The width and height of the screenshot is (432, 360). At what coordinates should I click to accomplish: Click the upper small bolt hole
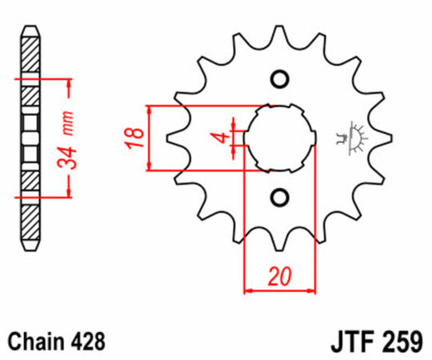279,78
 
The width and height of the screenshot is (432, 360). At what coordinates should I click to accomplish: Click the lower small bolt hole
279,197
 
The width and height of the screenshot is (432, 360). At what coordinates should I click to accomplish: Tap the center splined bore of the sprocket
279,138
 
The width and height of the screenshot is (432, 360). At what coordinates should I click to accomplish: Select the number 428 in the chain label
86,341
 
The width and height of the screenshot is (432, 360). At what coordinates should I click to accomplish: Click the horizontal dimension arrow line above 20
279,291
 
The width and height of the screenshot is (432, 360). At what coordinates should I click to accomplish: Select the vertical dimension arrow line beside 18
150,137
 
